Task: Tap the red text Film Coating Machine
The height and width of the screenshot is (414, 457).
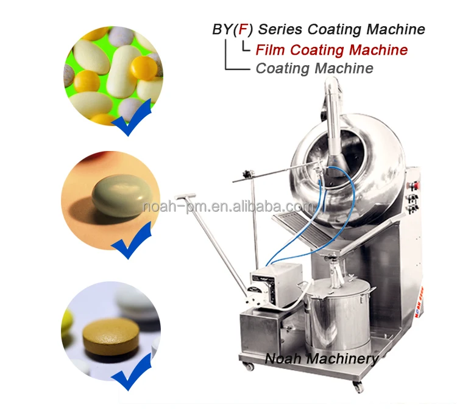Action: click(x=331, y=49)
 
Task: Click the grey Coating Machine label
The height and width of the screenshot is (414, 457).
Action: click(x=314, y=68)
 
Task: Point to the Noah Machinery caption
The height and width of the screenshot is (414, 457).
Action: click(x=321, y=359)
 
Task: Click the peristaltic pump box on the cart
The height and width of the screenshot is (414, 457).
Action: click(x=276, y=284)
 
